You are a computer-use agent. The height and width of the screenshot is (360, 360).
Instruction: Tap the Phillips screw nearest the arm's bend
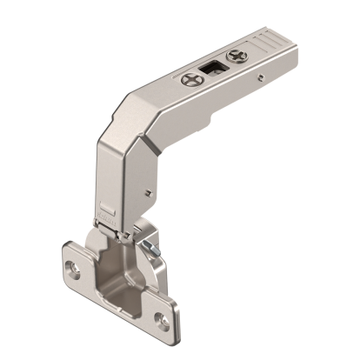194,79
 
